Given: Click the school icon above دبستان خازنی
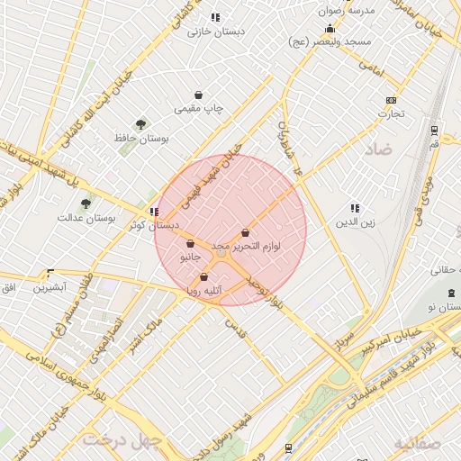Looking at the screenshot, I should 215,17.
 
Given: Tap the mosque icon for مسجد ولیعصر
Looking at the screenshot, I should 330,28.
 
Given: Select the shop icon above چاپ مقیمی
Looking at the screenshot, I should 198,95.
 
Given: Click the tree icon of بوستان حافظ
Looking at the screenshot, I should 140,124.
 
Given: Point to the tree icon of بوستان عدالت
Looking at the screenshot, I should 86,203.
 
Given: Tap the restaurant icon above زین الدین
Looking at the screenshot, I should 355,207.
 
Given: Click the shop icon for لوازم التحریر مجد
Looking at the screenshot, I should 245,232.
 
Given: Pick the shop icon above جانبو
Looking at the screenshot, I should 190,243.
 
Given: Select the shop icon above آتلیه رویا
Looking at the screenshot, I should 204,277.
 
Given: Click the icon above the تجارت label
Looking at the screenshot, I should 391,100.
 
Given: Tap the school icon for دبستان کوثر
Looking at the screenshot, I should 154,212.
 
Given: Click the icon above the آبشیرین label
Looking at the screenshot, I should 50,273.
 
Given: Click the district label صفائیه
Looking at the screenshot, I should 418,444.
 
